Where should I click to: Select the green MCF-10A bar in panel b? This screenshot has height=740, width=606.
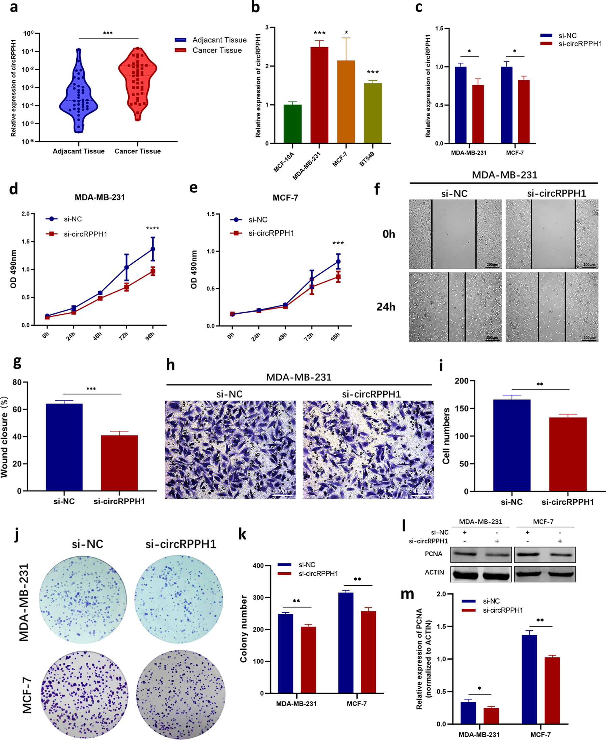point(293,124)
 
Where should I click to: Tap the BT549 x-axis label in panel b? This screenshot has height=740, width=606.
point(367,159)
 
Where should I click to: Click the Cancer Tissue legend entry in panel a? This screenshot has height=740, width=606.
point(217,50)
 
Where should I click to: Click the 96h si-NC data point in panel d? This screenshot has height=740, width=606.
point(153,249)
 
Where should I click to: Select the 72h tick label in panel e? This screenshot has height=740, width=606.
point(309,337)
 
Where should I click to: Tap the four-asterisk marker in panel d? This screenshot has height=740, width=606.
point(153,229)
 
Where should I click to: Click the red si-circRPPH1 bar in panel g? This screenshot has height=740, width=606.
point(119,463)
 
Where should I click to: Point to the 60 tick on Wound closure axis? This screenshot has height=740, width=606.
point(17,409)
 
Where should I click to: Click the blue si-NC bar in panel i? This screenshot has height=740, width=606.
point(512,445)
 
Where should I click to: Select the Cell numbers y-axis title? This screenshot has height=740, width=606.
point(446,436)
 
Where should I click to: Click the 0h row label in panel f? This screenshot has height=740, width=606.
point(388,234)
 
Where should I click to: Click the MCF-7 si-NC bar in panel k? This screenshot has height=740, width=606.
point(346,642)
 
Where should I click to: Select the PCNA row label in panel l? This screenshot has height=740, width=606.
point(434,554)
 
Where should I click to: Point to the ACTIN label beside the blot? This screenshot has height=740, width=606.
point(434,572)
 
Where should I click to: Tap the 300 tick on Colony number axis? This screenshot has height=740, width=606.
point(258,598)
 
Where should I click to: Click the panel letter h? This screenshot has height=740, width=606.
point(170,365)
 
